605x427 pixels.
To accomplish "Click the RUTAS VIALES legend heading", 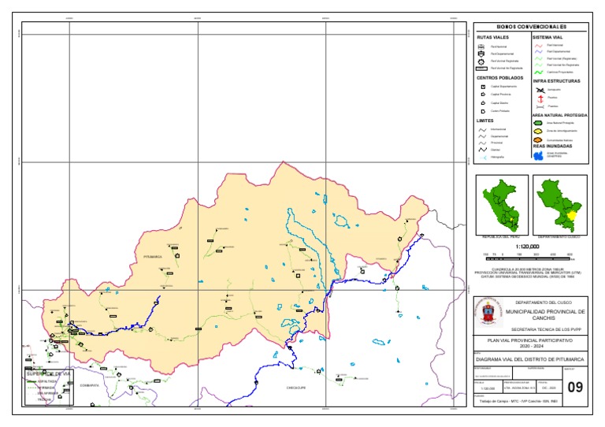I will [490, 37].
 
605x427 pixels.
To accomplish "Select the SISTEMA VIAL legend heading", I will [548, 37].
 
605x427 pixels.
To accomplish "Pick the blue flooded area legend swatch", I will [539, 155].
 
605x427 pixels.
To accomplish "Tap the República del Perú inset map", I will [501, 204].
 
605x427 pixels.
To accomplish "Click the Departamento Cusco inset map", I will [559, 204].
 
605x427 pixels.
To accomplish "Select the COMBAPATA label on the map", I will [89, 385].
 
